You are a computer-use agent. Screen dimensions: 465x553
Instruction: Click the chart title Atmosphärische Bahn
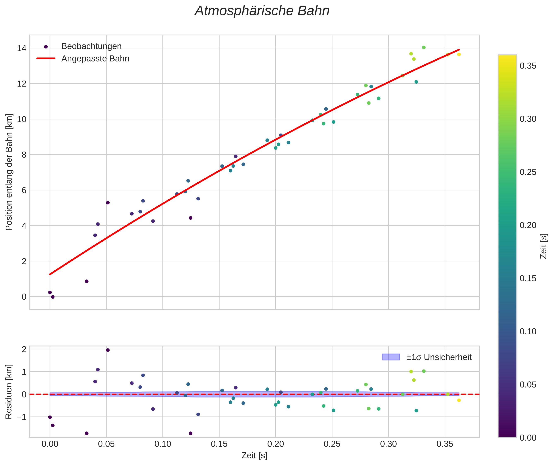point(262,11)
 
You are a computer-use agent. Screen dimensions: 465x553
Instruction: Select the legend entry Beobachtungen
point(91,46)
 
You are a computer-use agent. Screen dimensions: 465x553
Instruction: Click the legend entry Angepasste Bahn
point(95,59)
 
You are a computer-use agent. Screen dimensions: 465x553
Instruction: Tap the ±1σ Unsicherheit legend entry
point(439,357)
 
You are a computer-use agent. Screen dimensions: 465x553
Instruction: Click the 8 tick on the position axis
point(24,155)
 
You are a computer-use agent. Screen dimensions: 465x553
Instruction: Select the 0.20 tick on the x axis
point(275,444)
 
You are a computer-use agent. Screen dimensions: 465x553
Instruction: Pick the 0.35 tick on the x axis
point(445,444)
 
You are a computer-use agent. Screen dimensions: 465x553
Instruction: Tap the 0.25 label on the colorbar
point(528,172)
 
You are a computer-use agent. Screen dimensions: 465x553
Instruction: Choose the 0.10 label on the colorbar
point(528,331)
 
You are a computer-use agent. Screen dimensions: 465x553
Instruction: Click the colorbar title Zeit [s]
point(543,246)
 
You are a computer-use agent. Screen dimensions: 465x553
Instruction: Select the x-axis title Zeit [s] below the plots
point(254,455)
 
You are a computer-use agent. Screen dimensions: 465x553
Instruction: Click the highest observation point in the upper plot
point(424,47)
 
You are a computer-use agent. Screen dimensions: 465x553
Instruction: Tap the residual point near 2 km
point(108,350)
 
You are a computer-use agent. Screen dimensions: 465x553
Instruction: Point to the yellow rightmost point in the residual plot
point(459,400)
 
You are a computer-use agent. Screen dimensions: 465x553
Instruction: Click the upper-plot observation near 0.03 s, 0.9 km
point(87,281)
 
